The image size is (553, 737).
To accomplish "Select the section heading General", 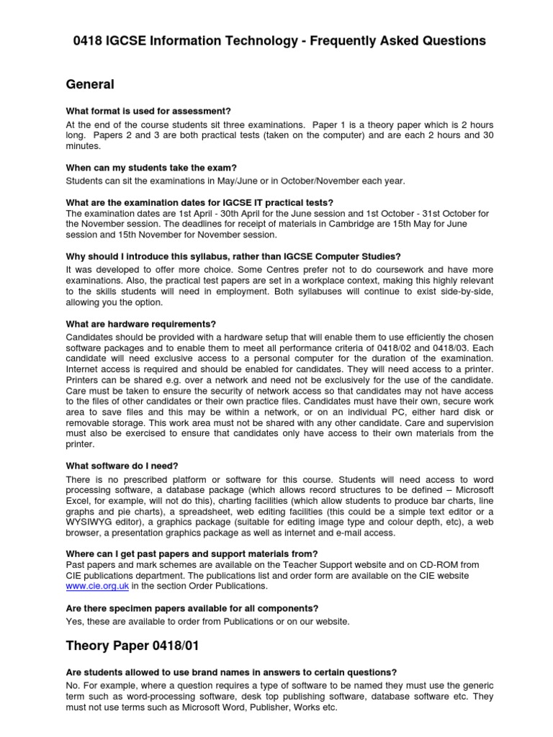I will coord(89,85).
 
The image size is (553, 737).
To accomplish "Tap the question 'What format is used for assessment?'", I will coord(148,111).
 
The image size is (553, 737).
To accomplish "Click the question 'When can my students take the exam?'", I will coord(151,168).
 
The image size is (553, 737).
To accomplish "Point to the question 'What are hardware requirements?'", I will coord(140,324).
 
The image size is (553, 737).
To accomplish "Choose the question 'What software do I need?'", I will coord(121,465).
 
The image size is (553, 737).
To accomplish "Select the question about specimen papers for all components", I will coord(192,608).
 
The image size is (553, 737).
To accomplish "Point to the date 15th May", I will coord(374,224).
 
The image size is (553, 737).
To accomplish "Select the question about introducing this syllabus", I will coord(233,256).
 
